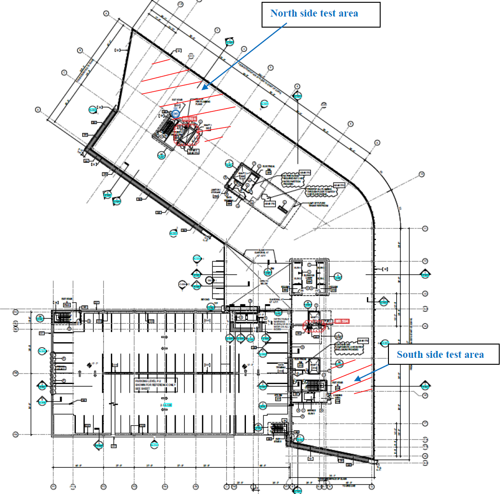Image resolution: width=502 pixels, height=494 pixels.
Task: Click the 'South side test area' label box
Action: coord(440,355)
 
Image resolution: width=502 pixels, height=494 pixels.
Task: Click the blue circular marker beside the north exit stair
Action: coord(175,113)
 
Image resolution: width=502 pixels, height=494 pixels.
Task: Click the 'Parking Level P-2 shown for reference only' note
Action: coord(155,385)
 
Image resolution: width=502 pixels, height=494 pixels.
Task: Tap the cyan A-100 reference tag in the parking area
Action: coord(166,405)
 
